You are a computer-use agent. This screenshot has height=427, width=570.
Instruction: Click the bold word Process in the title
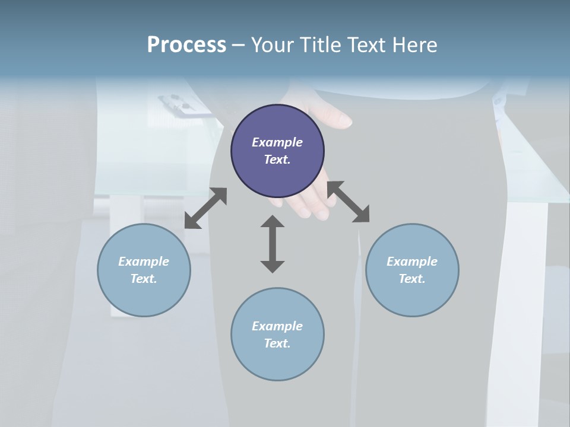click(186, 44)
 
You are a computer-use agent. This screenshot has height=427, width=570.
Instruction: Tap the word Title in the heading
click(322, 44)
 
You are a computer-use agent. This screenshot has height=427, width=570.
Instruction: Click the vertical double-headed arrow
click(273, 244)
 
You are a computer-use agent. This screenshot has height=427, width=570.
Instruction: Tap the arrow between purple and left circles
click(205, 208)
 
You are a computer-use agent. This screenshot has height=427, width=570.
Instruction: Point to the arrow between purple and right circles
click(349, 202)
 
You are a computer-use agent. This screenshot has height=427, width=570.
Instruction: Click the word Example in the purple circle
click(277, 142)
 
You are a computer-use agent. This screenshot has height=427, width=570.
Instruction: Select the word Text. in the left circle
click(144, 279)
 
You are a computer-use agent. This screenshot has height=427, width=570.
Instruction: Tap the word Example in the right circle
click(412, 262)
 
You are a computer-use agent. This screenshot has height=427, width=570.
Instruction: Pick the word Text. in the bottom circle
click(277, 343)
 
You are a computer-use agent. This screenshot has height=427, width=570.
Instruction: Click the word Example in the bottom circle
click(277, 326)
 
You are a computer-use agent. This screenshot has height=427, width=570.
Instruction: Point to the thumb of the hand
click(338, 120)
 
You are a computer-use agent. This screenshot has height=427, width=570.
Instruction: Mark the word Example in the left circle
click(144, 262)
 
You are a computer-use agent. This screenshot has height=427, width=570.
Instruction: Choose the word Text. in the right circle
click(412, 279)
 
